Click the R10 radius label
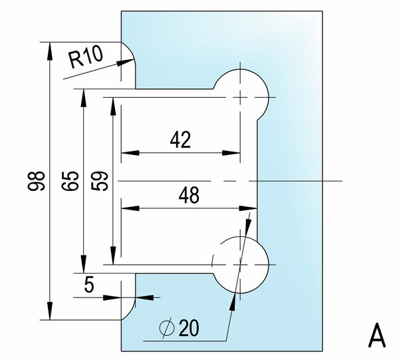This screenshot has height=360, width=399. tap(86, 57)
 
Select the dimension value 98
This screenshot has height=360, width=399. tap(36, 181)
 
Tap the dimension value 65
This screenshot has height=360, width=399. tap(70, 181)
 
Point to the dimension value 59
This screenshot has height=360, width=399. tap(100, 181)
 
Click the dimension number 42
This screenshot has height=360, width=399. tap(180, 140)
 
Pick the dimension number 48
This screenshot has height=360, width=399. tap(189, 195)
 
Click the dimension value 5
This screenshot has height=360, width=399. tap(89, 285)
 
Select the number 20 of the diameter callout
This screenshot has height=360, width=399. tap(189, 327)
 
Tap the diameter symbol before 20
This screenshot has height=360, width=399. tap(167, 329)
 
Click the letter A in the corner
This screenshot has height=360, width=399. tap(377, 335)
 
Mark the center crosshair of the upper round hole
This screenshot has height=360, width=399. tap(240, 97)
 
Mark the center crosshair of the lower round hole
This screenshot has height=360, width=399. tap(240, 265)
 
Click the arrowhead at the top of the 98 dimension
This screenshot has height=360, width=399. tap(50, 51)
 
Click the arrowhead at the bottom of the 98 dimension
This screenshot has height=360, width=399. tap(50, 311)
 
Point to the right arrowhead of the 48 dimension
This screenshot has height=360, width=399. tap(248, 208)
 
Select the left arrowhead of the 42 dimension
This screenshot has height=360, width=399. tap(130, 153)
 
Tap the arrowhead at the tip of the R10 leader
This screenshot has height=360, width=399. tap(126, 62)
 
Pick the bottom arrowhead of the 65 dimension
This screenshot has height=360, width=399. tap(84, 264)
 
